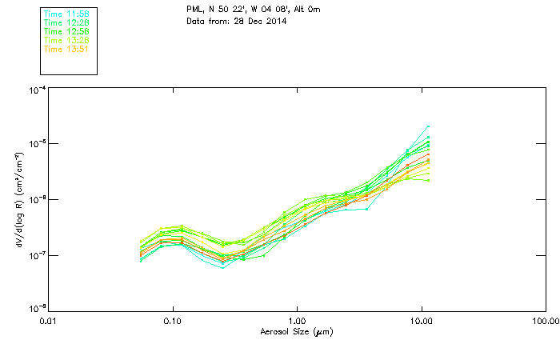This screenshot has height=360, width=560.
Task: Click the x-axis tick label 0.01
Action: pos(48,322)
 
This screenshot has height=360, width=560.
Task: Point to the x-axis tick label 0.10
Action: pos(172,322)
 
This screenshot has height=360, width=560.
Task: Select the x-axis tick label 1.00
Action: pos(297,322)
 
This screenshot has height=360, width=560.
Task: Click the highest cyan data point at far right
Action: pos(429,126)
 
